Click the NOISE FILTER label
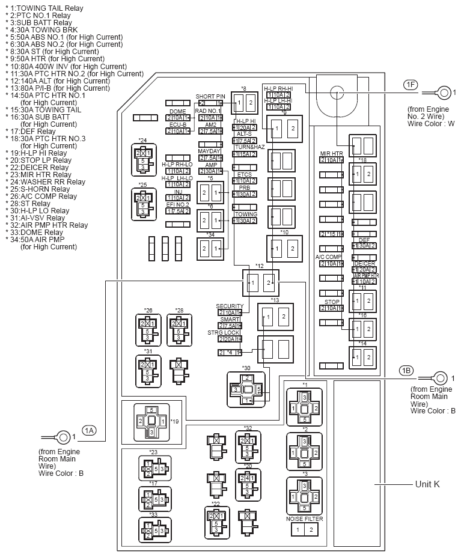pyautogui.click(x=304, y=519)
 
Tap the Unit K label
pyautogui.click(x=427, y=484)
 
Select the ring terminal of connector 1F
pyautogui.click(x=444, y=93)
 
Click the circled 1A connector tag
pyautogui.click(x=89, y=430)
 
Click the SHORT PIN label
pyautogui.click(x=210, y=96)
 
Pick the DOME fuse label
pyautogui.click(x=177, y=111)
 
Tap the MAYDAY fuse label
pyautogui.click(x=210, y=151)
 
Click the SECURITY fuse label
pyautogui.click(x=230, y=306)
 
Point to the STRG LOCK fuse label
pyautogui.click(x=224, y=332)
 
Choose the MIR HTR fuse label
pyautogui.click(x=331, y=154)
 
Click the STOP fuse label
pyautogui.click(x=332, y=302)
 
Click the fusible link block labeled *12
pyautogui.click(x=261, y=282)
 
